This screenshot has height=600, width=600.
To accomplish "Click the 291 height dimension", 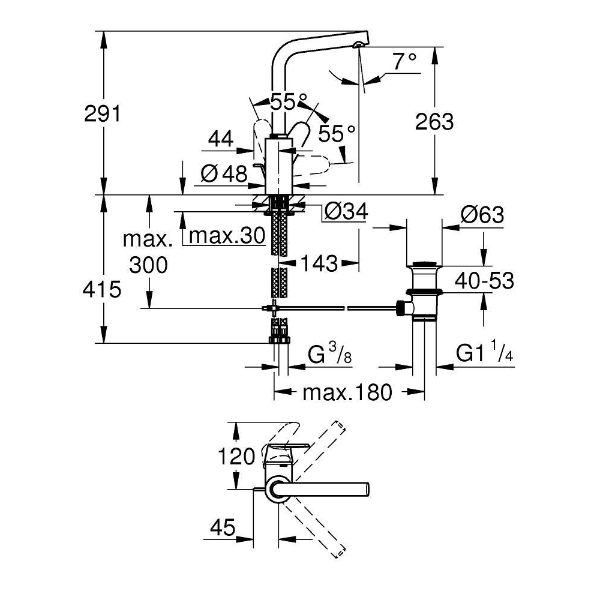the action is coord(103,113).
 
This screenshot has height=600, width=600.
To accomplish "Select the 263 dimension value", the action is coord(434,121).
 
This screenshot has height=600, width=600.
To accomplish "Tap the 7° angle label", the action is coord(405,61).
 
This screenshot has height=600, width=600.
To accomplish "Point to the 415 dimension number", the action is coord(102,289).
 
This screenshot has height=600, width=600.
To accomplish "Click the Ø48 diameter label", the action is coord(224,175).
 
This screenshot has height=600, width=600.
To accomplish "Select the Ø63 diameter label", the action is coord(482,214).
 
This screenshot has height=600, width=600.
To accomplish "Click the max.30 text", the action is coord(227,235).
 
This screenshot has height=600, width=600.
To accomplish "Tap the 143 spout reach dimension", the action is coord(319,263).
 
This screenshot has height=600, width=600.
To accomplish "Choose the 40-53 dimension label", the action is coord(484,280).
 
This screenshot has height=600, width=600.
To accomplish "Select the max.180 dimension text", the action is coord(347,392).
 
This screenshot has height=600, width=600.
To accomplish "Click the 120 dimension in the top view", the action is coord(236,456).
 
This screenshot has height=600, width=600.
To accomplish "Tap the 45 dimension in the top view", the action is coord(223,527).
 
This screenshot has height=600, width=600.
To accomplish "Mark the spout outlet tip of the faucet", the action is coord(358,45).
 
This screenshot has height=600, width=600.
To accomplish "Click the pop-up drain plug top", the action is coord(424,264).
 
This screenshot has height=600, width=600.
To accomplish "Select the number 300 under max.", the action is coord(148,265).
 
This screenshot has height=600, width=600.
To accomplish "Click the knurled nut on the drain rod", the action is coord(400,308).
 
